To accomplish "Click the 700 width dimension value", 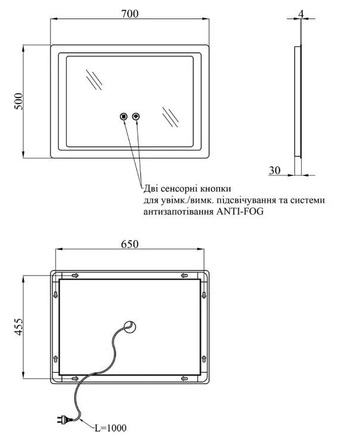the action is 130,14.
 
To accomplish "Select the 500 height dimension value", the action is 18,102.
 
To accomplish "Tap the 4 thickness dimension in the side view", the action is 300,13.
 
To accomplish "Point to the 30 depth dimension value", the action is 275,170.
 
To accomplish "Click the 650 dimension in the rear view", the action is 130,244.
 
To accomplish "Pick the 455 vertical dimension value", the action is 18,326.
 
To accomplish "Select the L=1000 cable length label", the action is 111,428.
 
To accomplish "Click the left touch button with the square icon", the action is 124,116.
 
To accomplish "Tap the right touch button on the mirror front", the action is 136,116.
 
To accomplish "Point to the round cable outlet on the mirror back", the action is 130,326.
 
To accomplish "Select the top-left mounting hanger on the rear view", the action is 75,276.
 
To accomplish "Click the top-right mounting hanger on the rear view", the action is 184,276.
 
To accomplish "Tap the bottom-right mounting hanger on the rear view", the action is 184,378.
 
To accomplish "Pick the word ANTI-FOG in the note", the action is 240,212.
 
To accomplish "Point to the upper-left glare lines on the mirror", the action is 94,80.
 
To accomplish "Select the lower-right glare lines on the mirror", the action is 170,117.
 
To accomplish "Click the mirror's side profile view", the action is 298,102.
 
